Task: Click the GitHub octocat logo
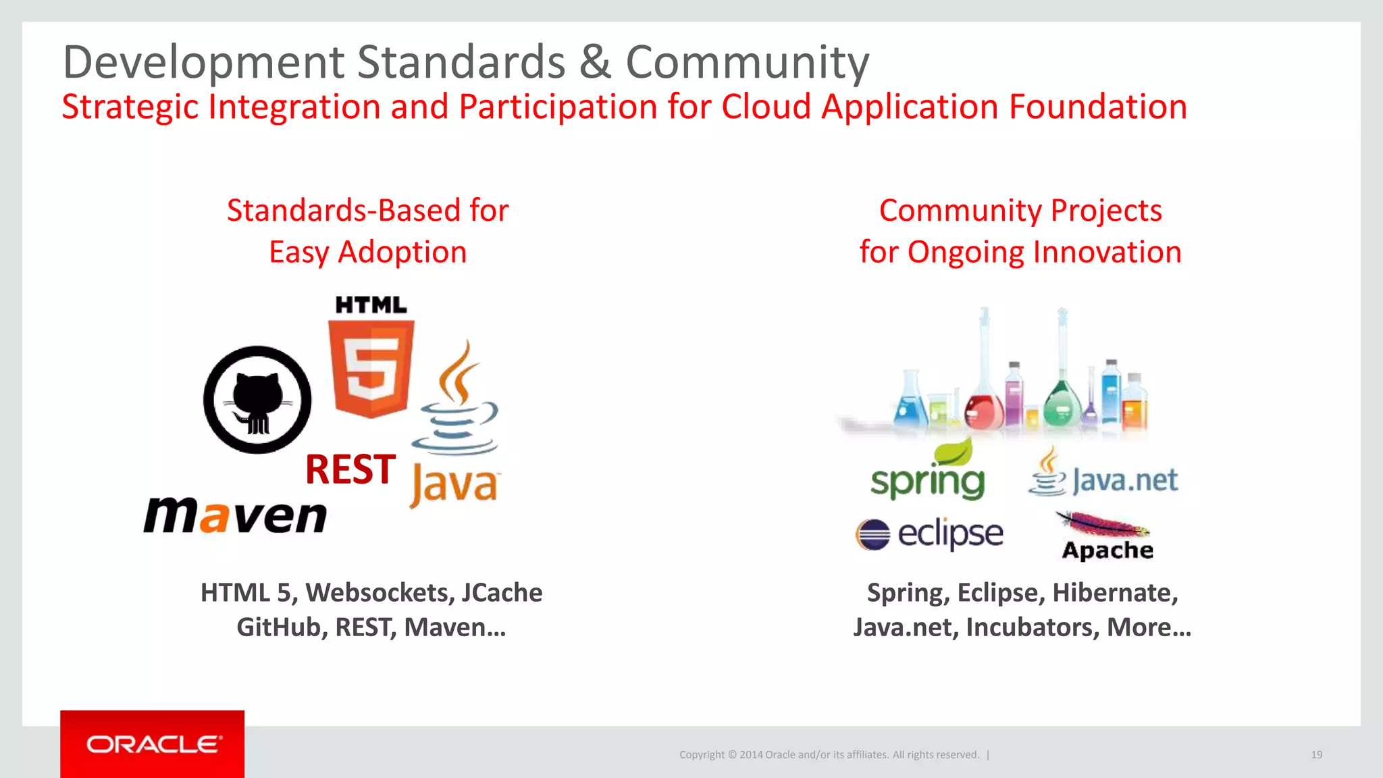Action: pyautogui.click(x=257, y=400)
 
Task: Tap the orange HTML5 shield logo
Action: pyautogui.click(x=371, y=368)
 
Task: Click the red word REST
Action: pyautogui.click(x=350, y=469)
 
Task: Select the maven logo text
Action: pyautogui.click(x=235, y=516)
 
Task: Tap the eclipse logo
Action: pyautogui.click(x=929, y=534)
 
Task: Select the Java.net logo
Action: pyautogui.click(x=1103, y=480)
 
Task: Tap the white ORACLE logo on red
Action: pyautogui.click(x=153, y=744)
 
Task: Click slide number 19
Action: pyautogui.click(x=1316, y=754)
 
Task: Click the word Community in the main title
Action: pyautogui.click(x=747, y=62)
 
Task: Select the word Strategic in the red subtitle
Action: pyautogui.click(x=130, y=107)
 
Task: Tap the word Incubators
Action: pyautogui.click(x=1031, y=627)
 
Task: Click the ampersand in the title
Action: pyautogui.click(x=595, y=62)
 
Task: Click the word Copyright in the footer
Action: pyautogui.click(x=702, y=754)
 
